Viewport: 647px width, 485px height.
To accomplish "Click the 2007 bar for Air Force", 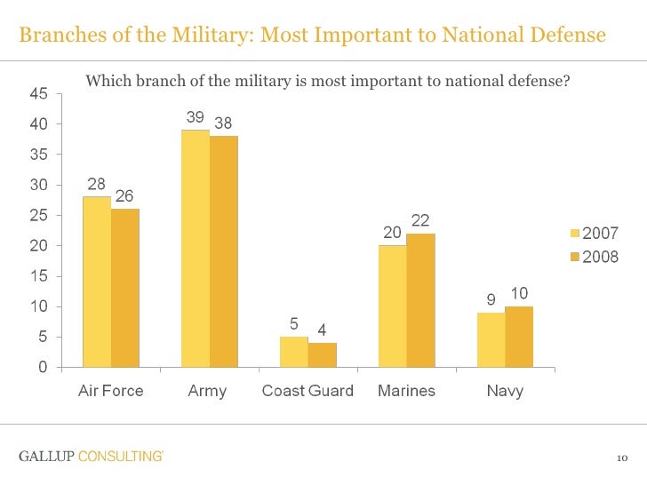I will pyautogui.click(x=97, y=282).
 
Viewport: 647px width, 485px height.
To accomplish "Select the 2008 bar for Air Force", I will pyautogui.click(x=125, y=288).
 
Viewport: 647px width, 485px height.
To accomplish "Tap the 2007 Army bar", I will pyautogui.click(x=196, y=249).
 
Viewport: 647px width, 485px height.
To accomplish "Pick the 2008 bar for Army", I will pyautogui.click(x=224, y=251).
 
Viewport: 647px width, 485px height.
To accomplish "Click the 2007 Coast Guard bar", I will pyautogui.click(x=294, y=352).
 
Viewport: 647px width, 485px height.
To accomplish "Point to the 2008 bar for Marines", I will pyautogui.click(x=420, y=300).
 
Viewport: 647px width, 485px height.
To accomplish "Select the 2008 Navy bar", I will pyautogui.click(x=519, y=337).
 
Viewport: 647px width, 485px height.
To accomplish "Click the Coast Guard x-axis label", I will pyautogui.click(x=308, y=391).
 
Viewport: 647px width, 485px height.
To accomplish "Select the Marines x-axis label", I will pyautogui.click(x=406, y=391).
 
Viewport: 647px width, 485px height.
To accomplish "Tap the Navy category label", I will pyautogui.click(x=505, y=391).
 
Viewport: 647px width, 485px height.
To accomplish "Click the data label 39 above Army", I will pyautogui.click(x=195, y=117).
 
